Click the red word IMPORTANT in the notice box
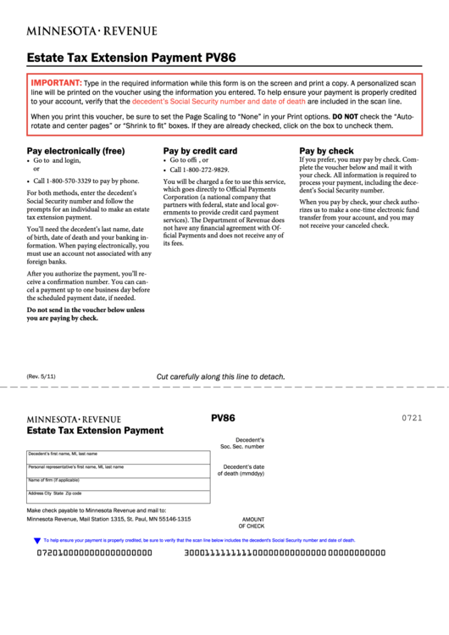pyautogui.click(x=56, y=82)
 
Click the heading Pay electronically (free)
pyautogui.click(x=76, y=151)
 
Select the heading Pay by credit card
pyautogui.click(x=200, y=151)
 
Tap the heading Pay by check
pyautogui.click(x=326, y=151)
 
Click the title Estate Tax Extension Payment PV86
pyautogui.click(x=131, y=58)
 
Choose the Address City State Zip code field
pyautogui.click(x=119, y=498)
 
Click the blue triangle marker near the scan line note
pyautogui.click(x=36, y=540)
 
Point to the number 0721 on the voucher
pyautogui.click(x=412, y=419)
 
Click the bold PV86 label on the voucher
pyautogui.click(x=223, y=418)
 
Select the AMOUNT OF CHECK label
pyautogui.click(x=252, y=522)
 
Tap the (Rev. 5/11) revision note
pyautogui.click(x=42, y=376)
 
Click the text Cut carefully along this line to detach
pyautogui.click(x=220, y=377)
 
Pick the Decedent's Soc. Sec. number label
pyautogui.click(x=242, y=443)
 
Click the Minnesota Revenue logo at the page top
pyautogui.click(x=91, y=31)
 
